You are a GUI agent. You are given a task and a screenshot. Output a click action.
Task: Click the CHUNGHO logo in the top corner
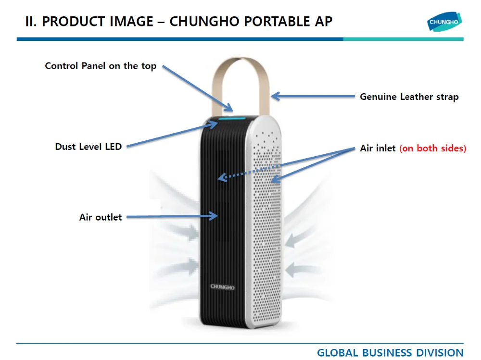444,22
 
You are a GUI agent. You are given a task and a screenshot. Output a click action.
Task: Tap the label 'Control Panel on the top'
101,66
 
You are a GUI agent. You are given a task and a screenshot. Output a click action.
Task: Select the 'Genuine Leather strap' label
409,97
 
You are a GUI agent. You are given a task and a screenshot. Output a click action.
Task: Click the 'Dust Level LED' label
89,147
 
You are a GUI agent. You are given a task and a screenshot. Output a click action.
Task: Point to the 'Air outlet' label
101,217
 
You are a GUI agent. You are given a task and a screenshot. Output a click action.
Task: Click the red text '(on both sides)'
433,149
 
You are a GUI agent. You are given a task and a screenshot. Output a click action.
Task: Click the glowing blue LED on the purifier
233,118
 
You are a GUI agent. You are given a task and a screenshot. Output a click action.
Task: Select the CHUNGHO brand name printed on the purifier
222,287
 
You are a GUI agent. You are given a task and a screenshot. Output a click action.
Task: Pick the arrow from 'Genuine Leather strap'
313,97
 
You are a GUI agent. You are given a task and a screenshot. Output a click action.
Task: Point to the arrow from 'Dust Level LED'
168,135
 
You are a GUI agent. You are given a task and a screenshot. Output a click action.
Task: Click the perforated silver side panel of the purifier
269,231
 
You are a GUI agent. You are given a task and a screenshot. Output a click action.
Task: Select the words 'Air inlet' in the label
378,149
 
